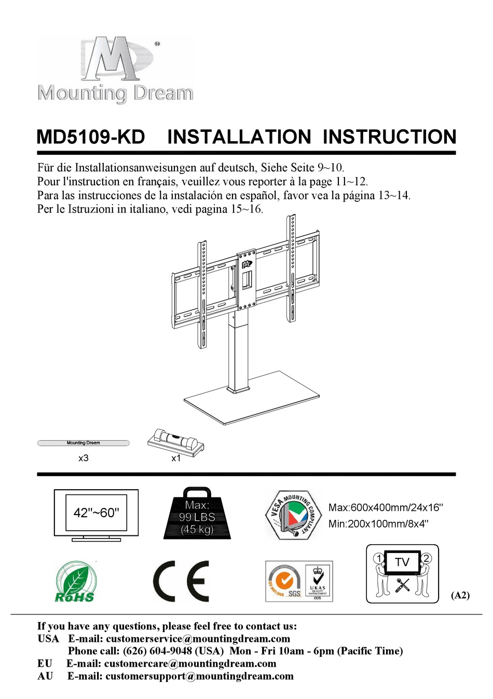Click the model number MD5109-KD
(91, 137)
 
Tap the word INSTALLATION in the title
(239, 137)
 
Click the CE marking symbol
(181, 581)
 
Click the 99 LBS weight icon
(197, 514)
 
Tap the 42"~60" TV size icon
(97, 514)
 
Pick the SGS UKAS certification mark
(299, 581)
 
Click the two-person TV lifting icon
(402, 573)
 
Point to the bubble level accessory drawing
(175, 442)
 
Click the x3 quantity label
(83, 458)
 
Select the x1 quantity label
(176, 458)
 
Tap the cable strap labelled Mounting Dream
(83, 443)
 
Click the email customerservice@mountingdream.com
(198, 639)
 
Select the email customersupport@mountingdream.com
(199, 676)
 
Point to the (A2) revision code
(460, 595)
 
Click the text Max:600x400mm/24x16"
(386, 507)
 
